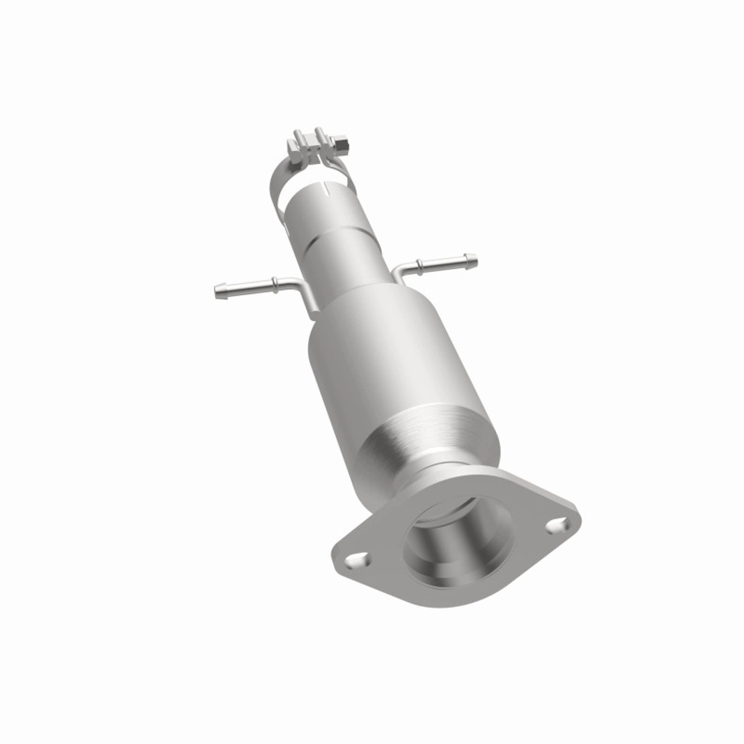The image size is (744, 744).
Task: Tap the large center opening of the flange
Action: tap(459, 538)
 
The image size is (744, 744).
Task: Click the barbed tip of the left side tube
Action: tap(220, 289)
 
